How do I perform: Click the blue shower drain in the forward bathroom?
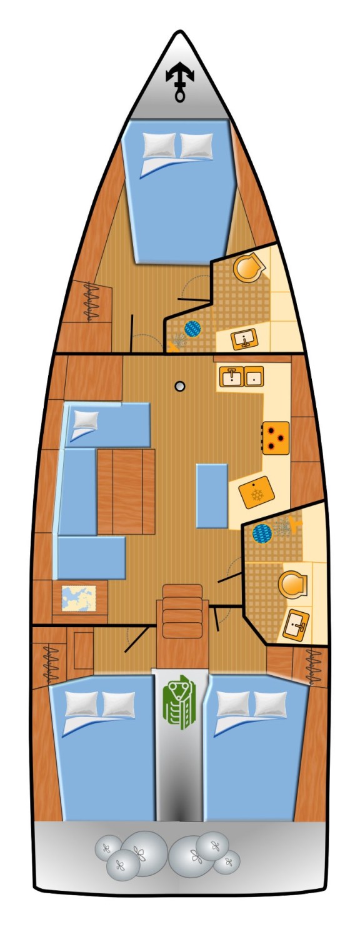[193, 328]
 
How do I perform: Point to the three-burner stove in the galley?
[275, 435]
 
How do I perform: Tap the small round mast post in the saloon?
[180, 386]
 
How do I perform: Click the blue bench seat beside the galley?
[211, 495]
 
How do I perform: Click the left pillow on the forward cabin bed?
[157, 144]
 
